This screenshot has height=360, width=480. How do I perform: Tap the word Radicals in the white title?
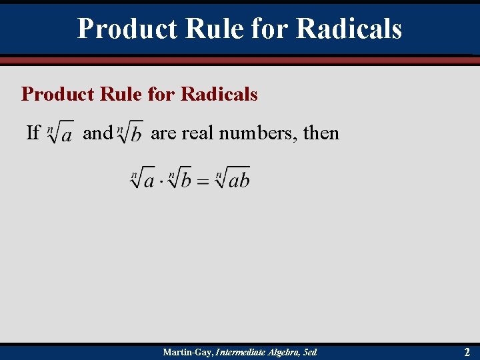click(349, 29)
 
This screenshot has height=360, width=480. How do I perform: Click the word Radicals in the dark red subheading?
click(219, 94)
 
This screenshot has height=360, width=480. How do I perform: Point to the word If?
click(33, 133)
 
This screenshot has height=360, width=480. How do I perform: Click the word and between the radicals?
click(97, 133)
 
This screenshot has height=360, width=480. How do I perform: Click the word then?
click(321, 133)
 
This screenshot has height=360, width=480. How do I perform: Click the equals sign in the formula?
click(203, 181)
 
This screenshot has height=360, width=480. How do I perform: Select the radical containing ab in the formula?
click(233, 179)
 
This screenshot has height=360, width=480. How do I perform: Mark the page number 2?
click(467, 352)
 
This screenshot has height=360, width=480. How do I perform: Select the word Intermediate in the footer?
click(238, 352)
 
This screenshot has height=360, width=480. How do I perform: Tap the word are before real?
click(163, 133)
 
